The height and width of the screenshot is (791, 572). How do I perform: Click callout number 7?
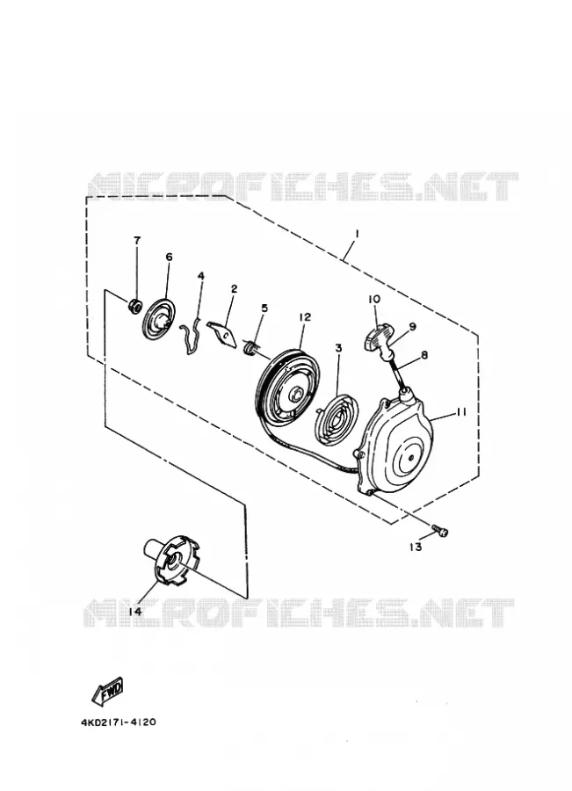[137, 240]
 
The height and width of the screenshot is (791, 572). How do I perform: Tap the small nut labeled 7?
[134, 305]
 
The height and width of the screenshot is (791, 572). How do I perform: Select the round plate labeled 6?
[159, 320]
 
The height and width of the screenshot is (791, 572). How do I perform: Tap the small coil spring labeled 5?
[250, 346]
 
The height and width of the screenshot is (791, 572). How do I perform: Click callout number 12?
[305, 316]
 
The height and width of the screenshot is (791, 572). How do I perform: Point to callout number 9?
[413, 326]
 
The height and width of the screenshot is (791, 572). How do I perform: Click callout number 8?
[424, 355]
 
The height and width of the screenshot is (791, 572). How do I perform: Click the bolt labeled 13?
[440, 531]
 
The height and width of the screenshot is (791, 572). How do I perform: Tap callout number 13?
[416, 547]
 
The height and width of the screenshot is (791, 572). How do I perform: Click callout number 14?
[134, 612]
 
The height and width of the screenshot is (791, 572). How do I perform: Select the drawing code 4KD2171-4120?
[118, 722]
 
